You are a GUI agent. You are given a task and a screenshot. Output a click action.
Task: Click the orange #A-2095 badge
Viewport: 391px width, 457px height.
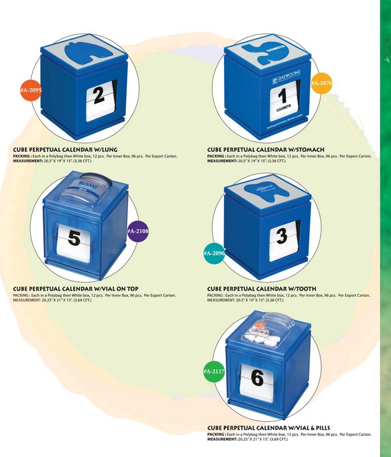31,90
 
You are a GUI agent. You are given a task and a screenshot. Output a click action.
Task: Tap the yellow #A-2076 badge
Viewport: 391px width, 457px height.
322,83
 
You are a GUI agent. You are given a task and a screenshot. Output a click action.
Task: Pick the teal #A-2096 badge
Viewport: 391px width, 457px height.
214,254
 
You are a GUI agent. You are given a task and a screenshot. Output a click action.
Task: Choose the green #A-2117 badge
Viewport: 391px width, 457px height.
214,372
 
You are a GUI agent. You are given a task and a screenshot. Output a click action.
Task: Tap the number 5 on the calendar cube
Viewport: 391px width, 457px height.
73,239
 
